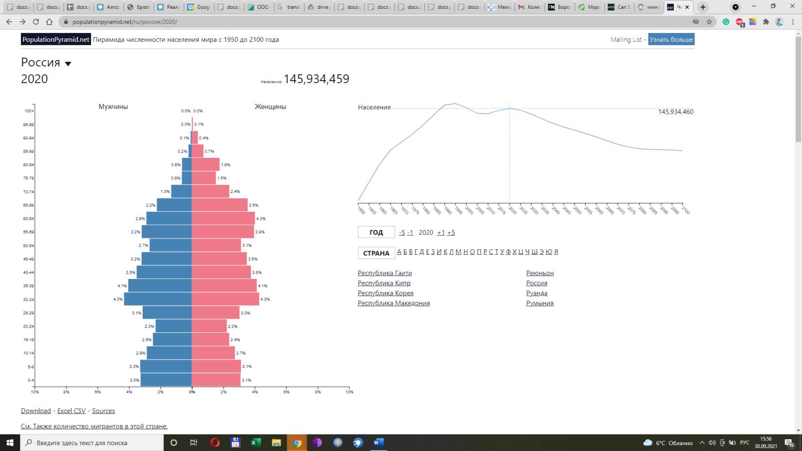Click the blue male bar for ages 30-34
(x=158, y=299)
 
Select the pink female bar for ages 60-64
(x=223, y=218)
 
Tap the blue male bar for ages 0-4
(x=166, y=380)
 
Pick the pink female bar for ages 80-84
(x=206, y=164)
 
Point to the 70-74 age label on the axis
(x=29, y=192)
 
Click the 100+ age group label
(x=29, y=111)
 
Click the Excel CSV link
(x=71, y=411)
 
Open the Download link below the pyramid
(x=36, y=411)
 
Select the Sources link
(x=104, y=411)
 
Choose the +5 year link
(x=451, y=232)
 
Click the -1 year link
(x=410, y=232)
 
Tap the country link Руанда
(x=537, y=293)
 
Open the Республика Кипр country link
(x=384, y=283)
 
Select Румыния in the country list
(x=540, y=303)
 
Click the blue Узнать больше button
(x=671, y=39)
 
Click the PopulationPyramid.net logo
(x=56, y=39)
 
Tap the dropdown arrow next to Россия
(x=68, y=64)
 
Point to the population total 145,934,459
(x=316, y=79)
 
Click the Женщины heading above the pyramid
(x=270, y=106)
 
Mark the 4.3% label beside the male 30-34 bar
(x=118, y=299)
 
